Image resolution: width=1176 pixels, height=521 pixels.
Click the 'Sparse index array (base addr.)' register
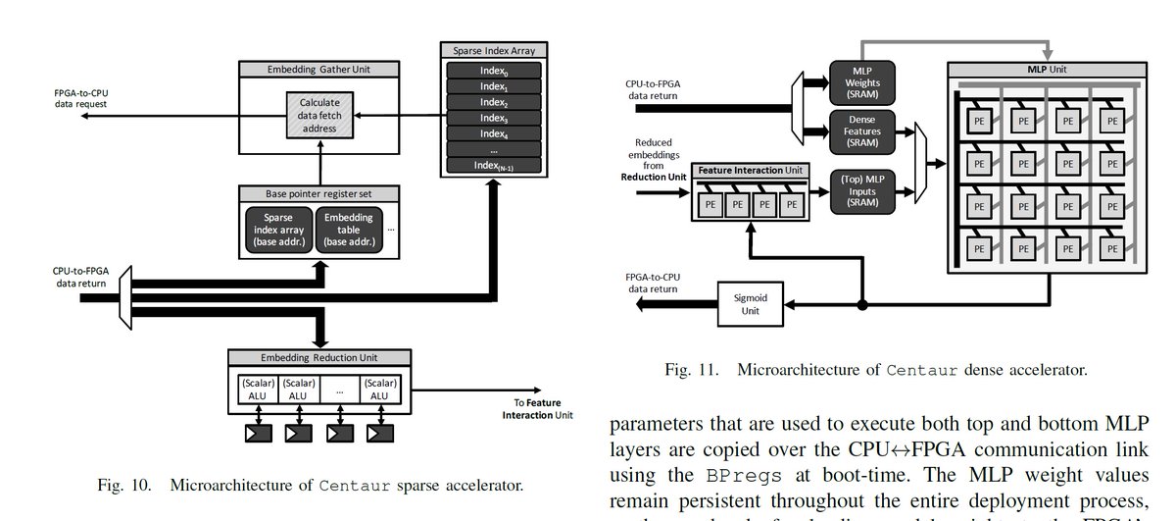point(277,230)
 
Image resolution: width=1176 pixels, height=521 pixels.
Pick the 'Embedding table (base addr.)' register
point(351,230)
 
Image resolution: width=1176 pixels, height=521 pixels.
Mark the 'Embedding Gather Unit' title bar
point(318,70)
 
